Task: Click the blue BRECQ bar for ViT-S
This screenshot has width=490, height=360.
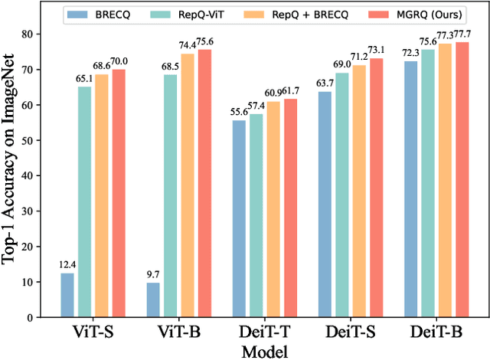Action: [x=67, y=295]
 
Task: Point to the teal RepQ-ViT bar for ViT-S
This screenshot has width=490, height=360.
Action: [x=85, y=202]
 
